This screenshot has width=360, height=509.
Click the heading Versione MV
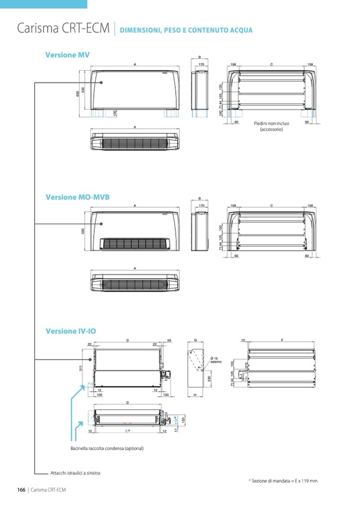(x=67, y=55)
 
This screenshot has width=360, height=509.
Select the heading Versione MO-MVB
(x=78, y=197)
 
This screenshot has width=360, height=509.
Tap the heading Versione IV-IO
(x=71, y=331)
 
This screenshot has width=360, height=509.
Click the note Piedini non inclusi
(x=271, y=124)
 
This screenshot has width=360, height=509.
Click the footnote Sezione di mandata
(x=285, y=481)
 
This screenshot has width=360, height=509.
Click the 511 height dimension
(x=81, y=368)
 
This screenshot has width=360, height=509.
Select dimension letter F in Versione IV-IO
(x=281, y=339)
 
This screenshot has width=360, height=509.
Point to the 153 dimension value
(x=183, y=420)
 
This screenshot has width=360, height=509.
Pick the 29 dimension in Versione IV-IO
(x=169, y=339)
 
